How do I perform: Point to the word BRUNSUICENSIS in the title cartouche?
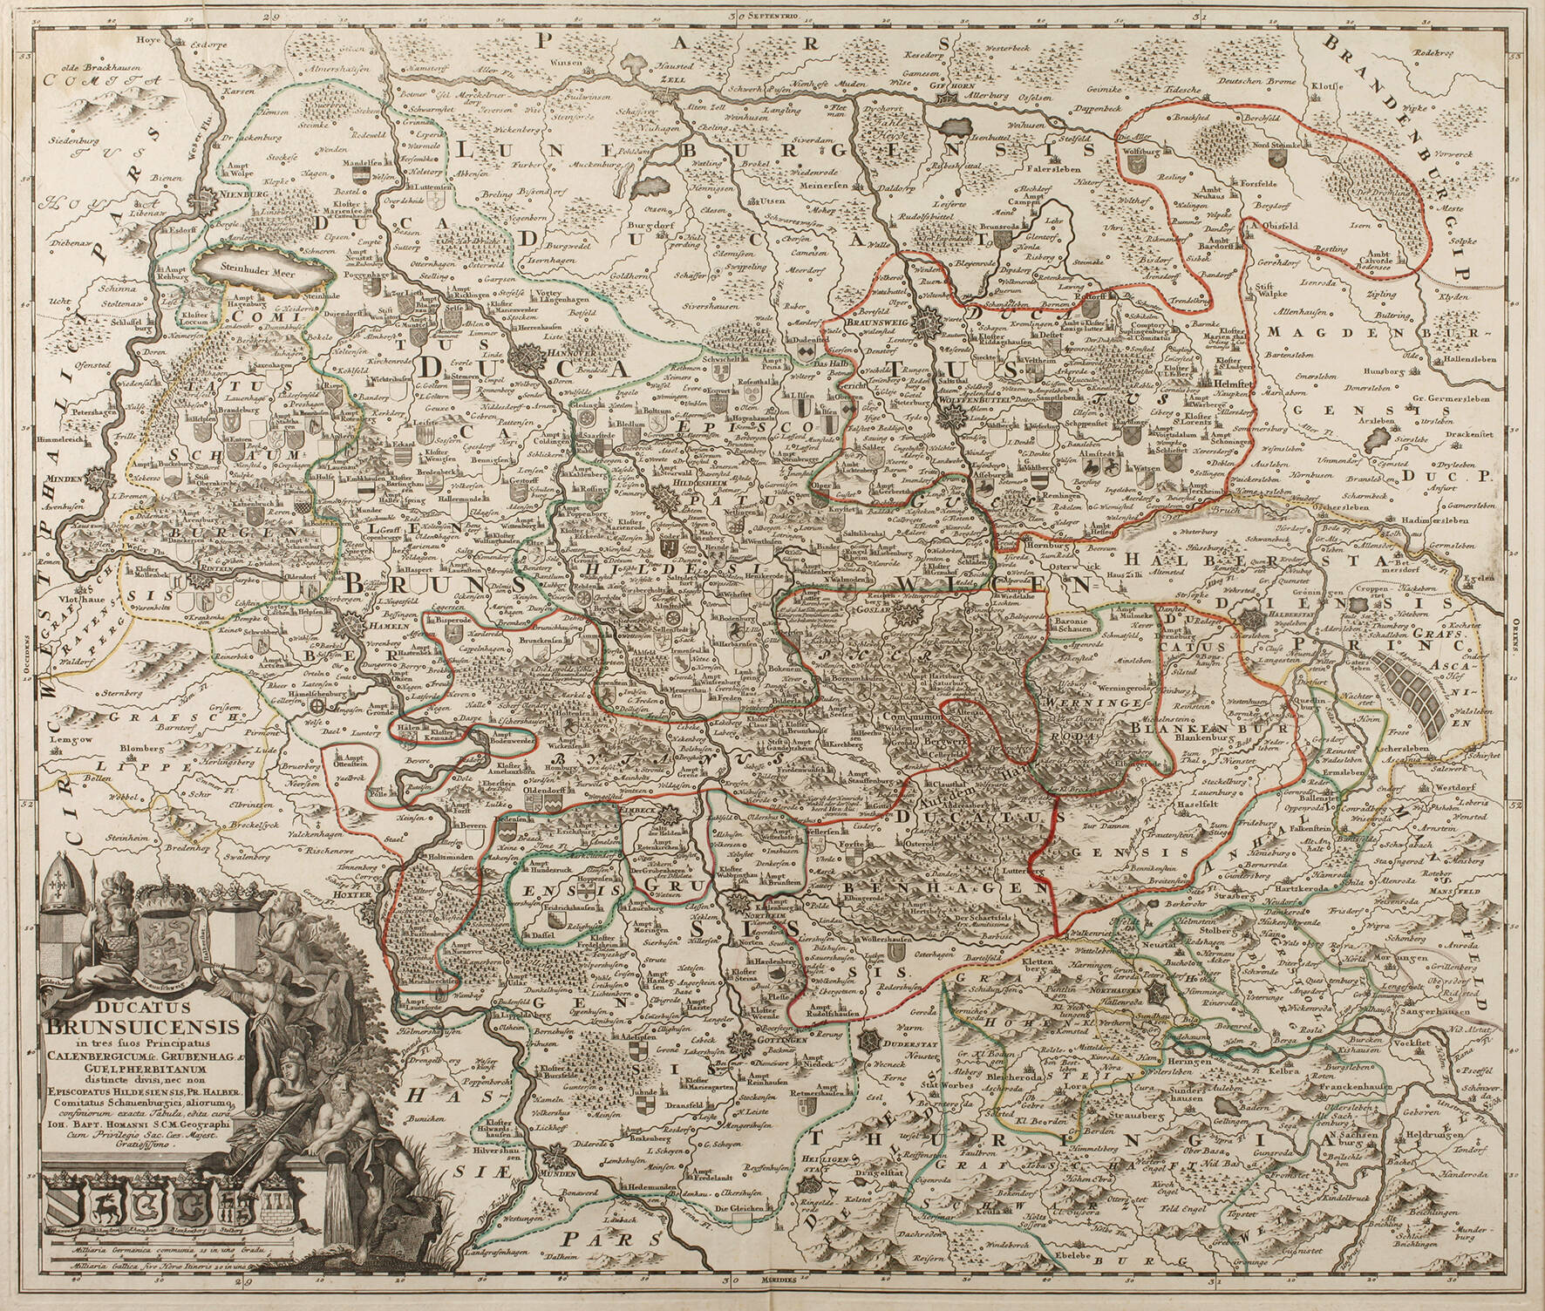(168, 1027)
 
